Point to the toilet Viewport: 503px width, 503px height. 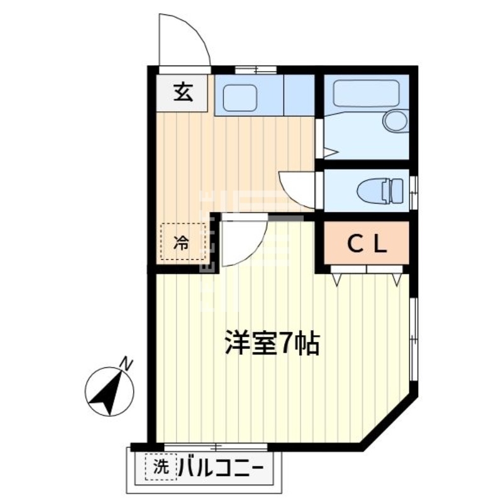click(380, 189)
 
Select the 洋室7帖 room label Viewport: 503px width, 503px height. click(273, 343)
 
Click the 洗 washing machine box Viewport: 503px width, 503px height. click(162, 467)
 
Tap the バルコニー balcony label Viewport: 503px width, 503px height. click(223, 468)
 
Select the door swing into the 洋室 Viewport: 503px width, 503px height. click(242, 242)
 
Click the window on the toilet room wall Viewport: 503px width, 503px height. click(413, 191)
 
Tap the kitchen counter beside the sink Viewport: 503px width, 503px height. click(299, 95)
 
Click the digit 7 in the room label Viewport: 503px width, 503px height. click(286, 343)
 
